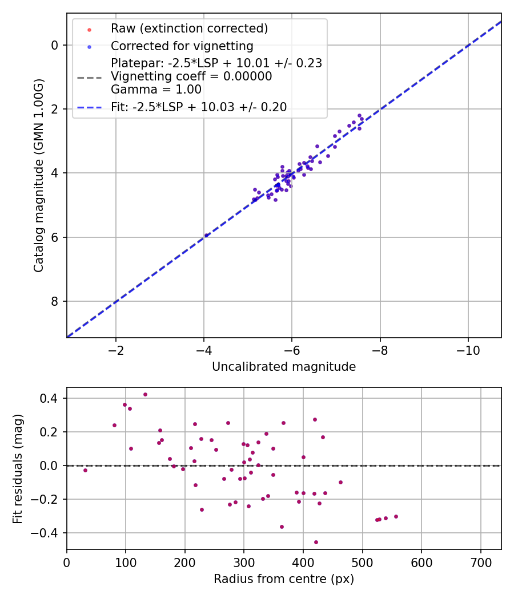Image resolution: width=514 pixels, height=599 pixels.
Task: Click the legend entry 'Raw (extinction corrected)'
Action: click(189, 29)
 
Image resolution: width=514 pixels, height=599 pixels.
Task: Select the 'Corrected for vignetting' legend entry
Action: click(182, 46)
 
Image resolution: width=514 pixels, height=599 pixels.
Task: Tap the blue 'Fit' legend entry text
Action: click(199, 107)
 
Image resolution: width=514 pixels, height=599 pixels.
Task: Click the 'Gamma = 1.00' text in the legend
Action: click(156, 90)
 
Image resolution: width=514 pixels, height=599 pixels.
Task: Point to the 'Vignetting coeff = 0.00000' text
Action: click(191, 76)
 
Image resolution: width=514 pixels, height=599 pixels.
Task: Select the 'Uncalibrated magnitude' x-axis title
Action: click(284, 367)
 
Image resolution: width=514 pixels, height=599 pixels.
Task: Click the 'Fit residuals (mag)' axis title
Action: click(18, 468)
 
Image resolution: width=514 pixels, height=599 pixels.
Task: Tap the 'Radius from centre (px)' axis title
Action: click(284, 579)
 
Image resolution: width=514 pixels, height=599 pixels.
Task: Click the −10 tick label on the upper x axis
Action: click(468, 349)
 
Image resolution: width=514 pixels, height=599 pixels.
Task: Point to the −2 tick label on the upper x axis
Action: click(116, 349)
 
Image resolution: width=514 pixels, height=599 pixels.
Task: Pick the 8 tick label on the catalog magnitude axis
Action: click(55, 301)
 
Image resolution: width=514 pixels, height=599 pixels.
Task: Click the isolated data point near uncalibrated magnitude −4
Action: click(206, 235)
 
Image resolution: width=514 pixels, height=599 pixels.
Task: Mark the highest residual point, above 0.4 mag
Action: click(145, 394)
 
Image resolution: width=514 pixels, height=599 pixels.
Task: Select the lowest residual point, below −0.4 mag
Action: click(316, 542)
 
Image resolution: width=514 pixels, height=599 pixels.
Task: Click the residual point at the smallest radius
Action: click(85, 470)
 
